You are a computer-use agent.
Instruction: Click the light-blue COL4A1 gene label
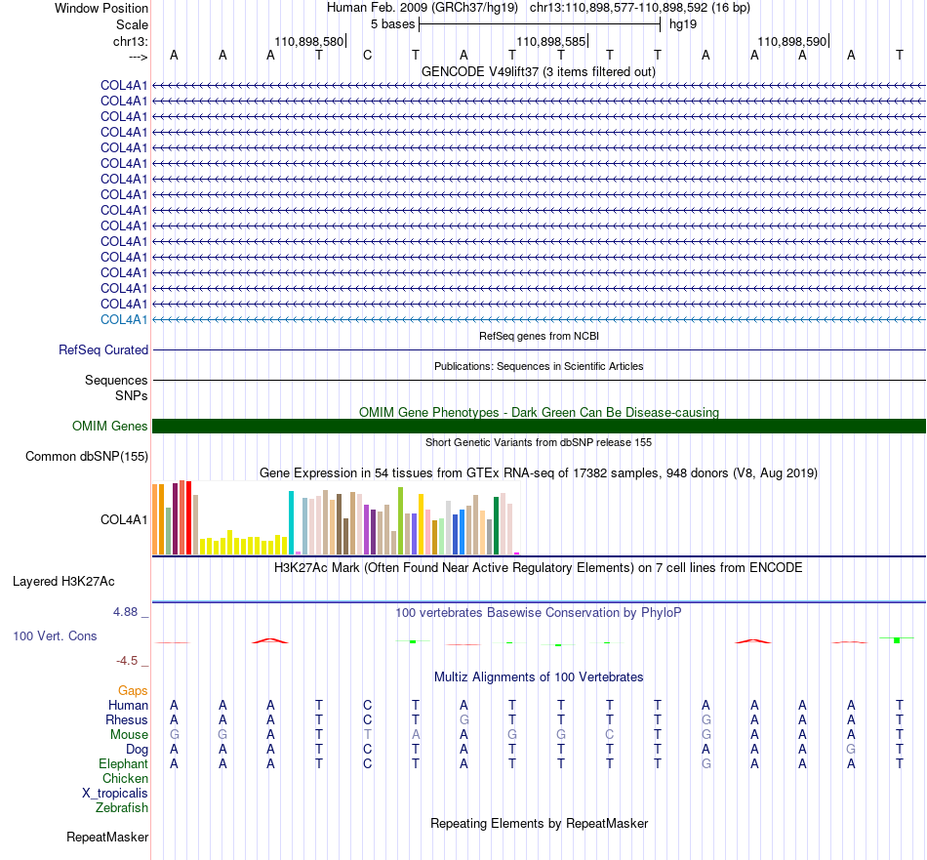(124, 319)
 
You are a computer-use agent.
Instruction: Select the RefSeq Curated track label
(103, 349)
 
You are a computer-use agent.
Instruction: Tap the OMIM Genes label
(110, 426)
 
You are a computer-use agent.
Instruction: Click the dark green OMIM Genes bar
(539, 426)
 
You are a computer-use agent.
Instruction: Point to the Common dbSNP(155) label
(87, 457)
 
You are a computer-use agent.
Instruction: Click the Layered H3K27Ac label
(63, 582)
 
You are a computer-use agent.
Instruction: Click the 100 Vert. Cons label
(55, 635)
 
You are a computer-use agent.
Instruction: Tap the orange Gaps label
(133, 690)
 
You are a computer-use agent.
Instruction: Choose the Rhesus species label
(127, 719)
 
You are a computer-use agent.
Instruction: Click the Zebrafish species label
(122, 807)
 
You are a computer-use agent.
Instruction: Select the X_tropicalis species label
(115, 794)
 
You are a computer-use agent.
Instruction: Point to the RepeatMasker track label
(107, 837)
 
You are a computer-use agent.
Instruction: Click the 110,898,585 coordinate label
(551, 41)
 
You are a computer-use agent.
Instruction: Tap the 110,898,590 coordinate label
(792, 41)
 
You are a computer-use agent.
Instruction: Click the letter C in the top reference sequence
(367, 55)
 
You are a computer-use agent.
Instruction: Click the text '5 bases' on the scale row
(392, 24)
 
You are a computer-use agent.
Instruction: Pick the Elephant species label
(124, 763)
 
